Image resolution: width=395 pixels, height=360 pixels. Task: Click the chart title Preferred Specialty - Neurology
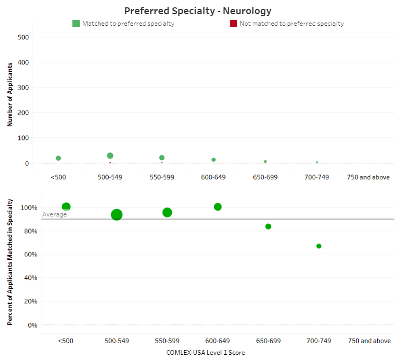(x=198, y=10)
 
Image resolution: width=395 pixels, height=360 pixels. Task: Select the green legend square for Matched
(x=76, y=24)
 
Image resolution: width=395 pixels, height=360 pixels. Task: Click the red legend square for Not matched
(x=233, y=24)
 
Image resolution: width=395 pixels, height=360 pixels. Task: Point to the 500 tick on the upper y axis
(x=23, y=37)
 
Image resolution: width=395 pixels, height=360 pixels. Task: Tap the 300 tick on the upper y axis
(x=23, y=88)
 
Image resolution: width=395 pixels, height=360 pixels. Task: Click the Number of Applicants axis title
(x=10, y=95)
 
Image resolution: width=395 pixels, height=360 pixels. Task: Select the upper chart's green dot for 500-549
(x=110, y=156)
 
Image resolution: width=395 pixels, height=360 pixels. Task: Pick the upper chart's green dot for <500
(x=58, y=158)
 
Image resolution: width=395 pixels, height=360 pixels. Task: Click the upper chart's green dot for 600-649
(x=213, y=160)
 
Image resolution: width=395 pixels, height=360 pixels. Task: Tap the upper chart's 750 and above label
(x=368, y=177)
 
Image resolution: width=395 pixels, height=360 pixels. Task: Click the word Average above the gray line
(x=55, y=214)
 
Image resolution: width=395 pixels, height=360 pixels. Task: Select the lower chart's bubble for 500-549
(x=116, y=214)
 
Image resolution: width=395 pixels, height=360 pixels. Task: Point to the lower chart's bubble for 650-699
(x=268, y=226)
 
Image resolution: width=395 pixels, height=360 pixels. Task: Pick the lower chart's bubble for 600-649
(x=218, y=207)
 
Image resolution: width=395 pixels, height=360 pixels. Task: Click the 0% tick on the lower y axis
(x=33, y=325)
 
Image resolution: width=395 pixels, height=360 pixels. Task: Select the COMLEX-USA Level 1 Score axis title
(x=206, y=353)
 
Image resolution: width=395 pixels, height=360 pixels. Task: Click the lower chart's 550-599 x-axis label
(x=167, y=341)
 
